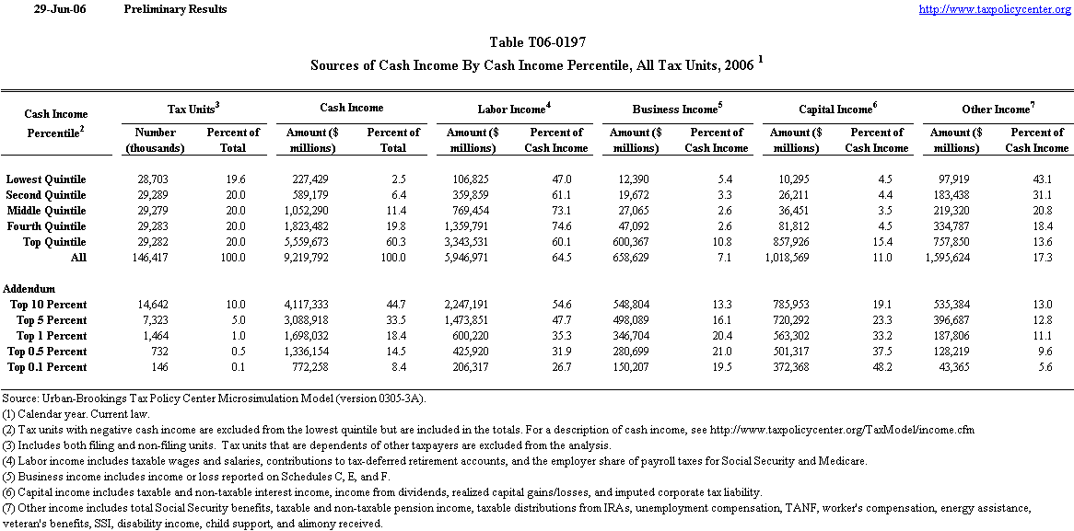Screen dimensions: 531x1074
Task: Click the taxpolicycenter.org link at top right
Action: [996, 9]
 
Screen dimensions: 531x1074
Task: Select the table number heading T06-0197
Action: [536, 42]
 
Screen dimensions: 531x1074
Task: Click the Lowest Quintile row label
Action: [46, 179]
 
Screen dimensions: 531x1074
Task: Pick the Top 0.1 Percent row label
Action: [47, 367]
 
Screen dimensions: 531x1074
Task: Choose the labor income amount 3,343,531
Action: [472, 242]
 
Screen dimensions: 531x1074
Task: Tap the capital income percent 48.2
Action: [881, 367]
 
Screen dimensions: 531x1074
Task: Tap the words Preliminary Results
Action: [174, 9]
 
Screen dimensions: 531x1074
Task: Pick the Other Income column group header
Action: [997, 109]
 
